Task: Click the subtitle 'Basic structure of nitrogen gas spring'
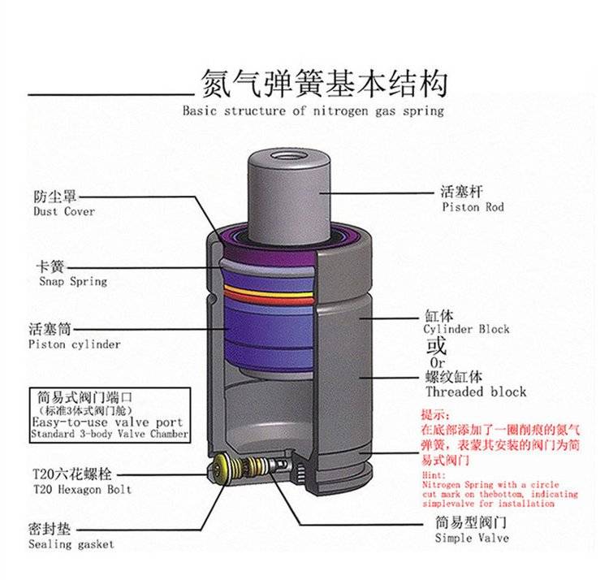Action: pyautogui.click(x=313, y=110)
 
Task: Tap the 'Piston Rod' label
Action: pyautogui.click(x=473, y=207)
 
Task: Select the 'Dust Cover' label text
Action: pyautogui.click(x=64, y=211)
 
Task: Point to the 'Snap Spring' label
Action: pyautogui.click(x=73, y=281)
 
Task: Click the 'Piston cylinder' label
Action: pyautogui.click(x=74, y=344)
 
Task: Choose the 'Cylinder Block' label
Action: pyautogui.click(x=466, y=329)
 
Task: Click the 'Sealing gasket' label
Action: pyautogui.click(x=71, y=543)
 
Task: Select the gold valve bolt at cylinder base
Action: pyautogui.click(x=220, y=467)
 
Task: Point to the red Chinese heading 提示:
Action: pyautogui.click(x=437, y=413)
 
